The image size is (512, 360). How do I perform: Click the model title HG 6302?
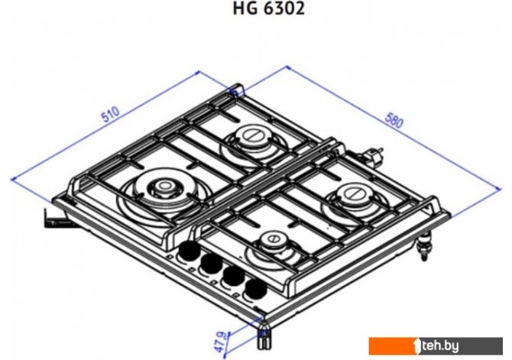coord(268,8)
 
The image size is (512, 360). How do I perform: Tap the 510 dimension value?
coord(110,115)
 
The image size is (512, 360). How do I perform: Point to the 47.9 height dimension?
coord(221,342)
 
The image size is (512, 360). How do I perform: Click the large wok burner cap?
coord(162,186)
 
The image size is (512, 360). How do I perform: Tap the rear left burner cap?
coord(251,135)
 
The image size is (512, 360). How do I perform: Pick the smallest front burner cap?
coord(274,240)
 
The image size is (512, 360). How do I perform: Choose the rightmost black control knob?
coord(256,289)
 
